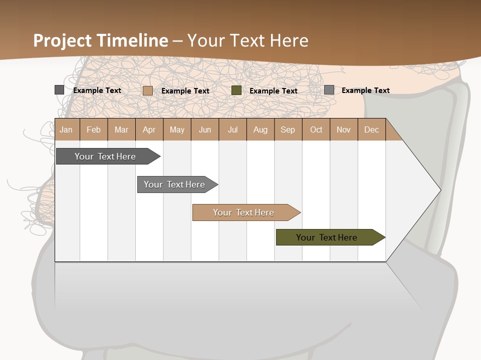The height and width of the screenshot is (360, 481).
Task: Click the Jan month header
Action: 66,129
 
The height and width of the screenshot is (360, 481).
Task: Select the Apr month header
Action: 149,129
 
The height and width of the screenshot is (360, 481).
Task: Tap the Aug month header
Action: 261,129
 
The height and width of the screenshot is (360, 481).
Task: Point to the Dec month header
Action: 371,129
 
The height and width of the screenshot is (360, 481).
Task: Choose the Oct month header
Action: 316,129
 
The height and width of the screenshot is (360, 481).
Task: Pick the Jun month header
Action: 205,129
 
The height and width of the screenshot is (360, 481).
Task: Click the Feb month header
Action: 94,129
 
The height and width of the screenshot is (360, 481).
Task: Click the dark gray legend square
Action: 60,90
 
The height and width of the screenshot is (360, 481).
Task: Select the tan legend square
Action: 148,90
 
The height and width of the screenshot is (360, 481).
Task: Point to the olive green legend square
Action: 236,90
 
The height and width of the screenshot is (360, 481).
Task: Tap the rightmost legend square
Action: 329,90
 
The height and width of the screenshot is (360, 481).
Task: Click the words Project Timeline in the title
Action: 101,40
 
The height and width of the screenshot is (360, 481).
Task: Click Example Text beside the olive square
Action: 274,91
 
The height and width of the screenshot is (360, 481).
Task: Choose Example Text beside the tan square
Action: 185,91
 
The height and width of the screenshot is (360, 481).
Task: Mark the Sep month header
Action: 288,129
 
